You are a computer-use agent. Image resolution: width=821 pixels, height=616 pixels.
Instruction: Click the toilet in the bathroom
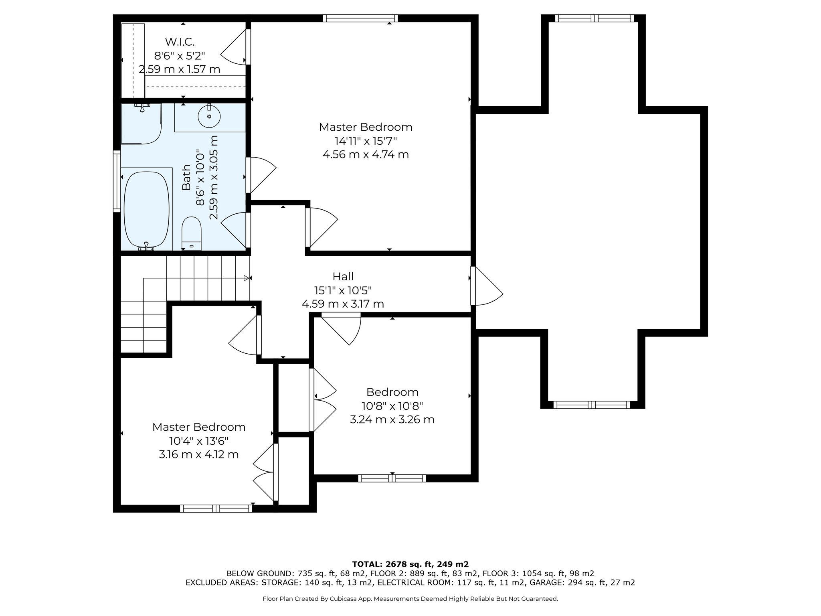click(191, 233)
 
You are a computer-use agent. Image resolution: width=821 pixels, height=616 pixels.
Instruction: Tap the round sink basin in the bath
click(209, 116)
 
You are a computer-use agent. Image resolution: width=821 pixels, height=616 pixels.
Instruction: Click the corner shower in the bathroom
click(141, 124)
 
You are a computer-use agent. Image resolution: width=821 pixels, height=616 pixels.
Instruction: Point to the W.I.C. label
click(180, 41)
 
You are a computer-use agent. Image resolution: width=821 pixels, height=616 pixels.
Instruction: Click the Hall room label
click(343, 276)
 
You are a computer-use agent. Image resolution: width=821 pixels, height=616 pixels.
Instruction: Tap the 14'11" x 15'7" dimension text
click(366, 141)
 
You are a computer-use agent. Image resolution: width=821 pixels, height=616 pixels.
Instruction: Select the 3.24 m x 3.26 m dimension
click(392, 419)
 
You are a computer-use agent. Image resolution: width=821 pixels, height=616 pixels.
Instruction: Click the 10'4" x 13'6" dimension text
click(199, 441)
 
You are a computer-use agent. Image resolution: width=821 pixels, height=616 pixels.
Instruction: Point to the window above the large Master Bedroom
click(360, 18)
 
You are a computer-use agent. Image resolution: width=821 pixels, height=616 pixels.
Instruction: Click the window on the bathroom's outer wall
click(117, 181)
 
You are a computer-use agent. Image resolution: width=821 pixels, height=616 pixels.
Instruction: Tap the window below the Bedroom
click(392, 478)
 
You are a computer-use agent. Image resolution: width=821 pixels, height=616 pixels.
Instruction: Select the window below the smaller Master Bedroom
click(216, 509)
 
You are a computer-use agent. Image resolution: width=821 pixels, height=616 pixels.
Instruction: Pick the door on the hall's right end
click(486, 286)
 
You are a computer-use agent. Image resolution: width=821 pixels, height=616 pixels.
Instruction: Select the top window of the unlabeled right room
click(595, 18)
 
